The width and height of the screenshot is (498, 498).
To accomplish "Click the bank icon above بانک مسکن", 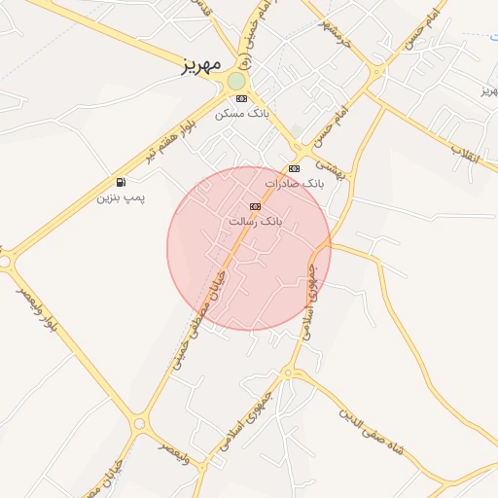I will (241, 98).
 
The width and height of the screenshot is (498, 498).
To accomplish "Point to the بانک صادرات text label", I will (291, 183).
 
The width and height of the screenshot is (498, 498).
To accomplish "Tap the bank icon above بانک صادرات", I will (295, 168).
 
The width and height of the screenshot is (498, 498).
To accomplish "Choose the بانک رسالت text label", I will (255, 221).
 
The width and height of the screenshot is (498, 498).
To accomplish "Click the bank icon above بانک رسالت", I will (255, 206).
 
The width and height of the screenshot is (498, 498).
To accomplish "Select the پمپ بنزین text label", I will (120, 197).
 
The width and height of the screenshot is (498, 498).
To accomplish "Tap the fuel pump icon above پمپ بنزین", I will (121, 182).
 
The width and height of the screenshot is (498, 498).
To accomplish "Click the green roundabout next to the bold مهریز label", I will (236, 81).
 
